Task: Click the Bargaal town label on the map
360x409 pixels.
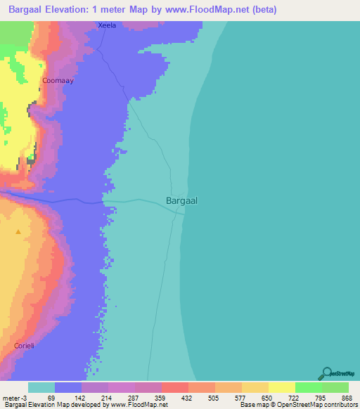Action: pyautogui.click(x=181, y=200)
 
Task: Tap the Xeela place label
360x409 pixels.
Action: pyautogui.click(x=107, y=25)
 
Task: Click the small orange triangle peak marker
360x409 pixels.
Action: pyautogui.click(x=18, y=232)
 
